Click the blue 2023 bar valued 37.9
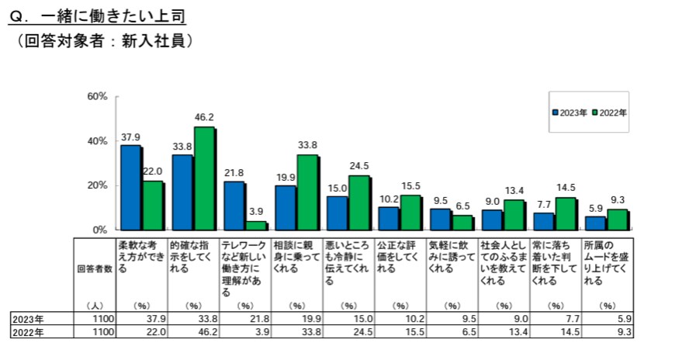pos(130,188)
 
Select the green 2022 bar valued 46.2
pos(204,178)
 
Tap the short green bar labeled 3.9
pos(255,226)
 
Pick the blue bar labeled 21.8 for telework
pos(234,206)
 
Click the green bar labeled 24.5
pos(358,202)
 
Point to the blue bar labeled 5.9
pos(595,223)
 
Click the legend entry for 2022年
pos(609,112)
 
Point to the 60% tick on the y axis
pos(97,97)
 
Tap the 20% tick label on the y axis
pos(97,186)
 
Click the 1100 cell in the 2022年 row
pos(103,332)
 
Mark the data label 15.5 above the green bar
pos(410,186)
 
